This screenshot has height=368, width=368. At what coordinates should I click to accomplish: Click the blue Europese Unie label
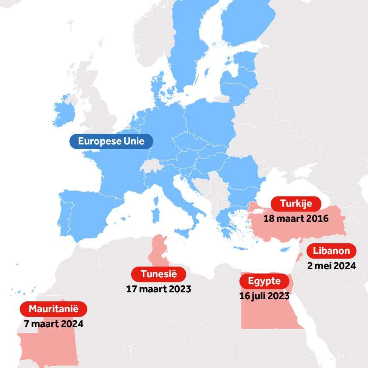111,141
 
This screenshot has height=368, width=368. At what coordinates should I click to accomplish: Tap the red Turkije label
296,203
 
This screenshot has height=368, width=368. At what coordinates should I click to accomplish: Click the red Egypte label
264,282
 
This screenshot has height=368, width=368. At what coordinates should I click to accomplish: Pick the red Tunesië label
158,274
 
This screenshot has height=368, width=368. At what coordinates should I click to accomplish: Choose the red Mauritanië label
54,309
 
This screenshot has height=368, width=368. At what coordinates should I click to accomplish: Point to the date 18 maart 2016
296,218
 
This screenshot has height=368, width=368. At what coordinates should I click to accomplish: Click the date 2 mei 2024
331,266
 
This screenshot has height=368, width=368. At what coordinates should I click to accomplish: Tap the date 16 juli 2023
264,296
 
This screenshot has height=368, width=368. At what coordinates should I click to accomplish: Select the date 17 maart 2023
158,289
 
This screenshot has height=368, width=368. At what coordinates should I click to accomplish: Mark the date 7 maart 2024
54,324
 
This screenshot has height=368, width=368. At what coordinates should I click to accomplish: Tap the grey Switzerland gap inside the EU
153,166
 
